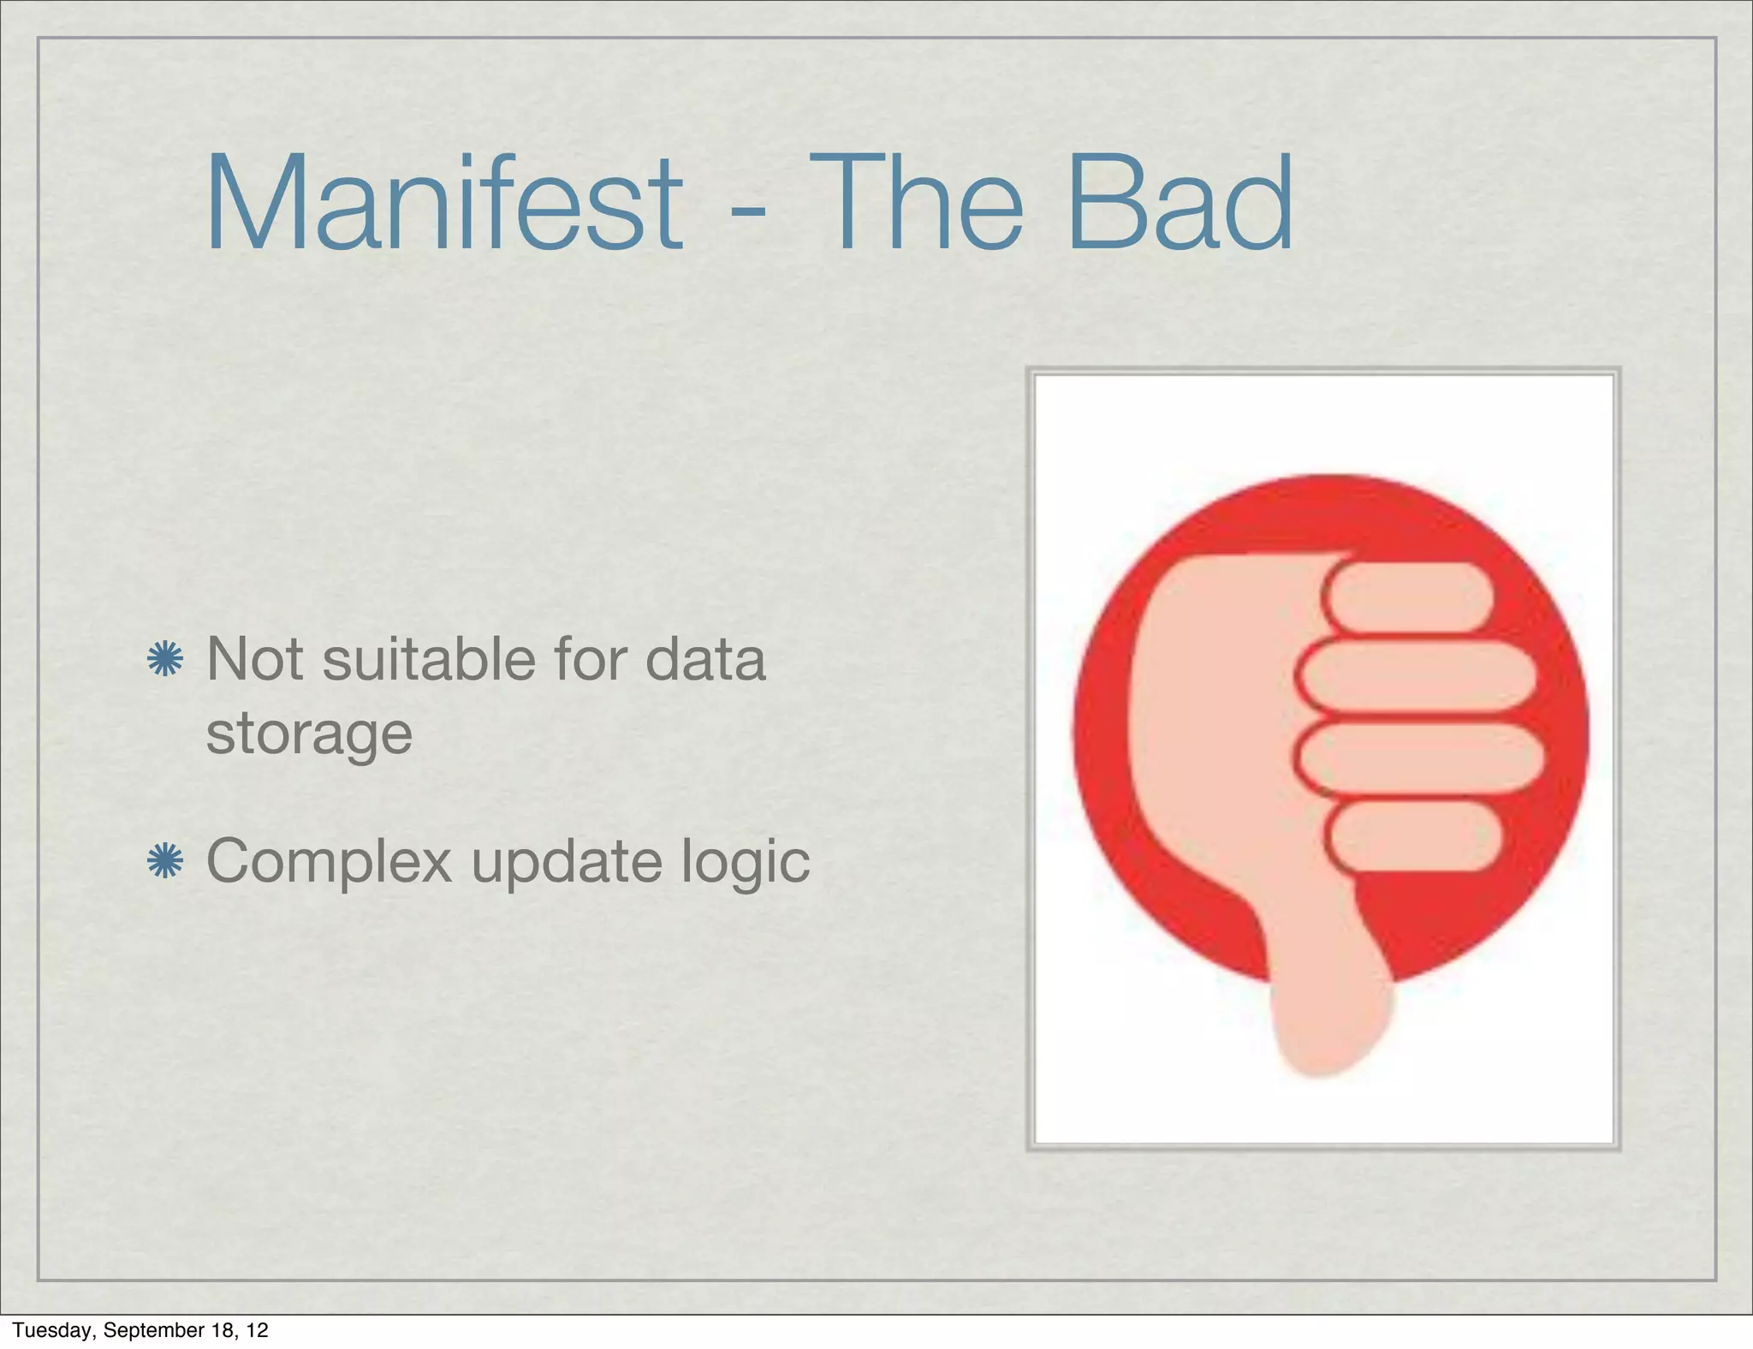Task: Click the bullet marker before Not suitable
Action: (165, 660)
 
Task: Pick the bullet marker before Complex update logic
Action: (165, 861)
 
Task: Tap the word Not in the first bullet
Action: (255, 659)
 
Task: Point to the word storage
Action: (309, 734)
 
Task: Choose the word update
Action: (567, 861)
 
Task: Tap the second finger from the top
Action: (1417, 675)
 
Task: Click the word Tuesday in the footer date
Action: (52, 1330)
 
